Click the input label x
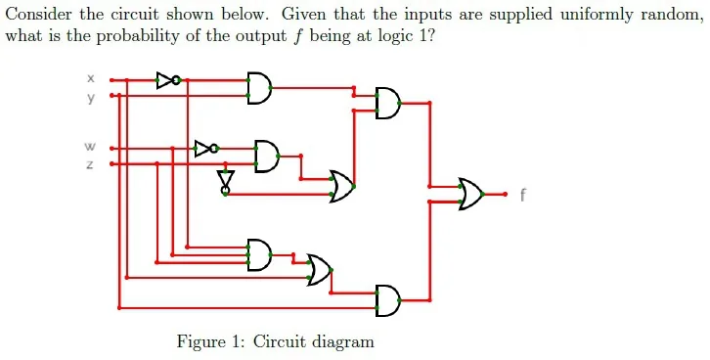(x=91, y=79)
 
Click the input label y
(x=91, y=98)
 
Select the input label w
(x=90, y=147)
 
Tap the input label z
(x=91, y=164)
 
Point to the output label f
(x=523, y=195)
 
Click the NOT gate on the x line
(x=168, y=80)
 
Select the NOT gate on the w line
(x=206, y=148)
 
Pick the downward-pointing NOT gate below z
(x=226, y=182)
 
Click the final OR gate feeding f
(x=471, y=194)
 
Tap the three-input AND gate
(x=259, y=255)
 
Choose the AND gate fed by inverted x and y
(x=259, y=88)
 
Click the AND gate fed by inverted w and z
(x=267, y=157)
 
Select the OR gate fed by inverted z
(x=342, y=186)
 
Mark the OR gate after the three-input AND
(x=320, y=270)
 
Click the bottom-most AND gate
(x=388, y=300)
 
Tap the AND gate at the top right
(x=388, y=104)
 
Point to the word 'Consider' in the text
(x=39, y=15)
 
